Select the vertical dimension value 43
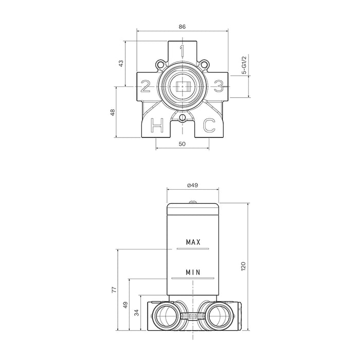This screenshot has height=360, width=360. pyautogui.click(x=121, y=64)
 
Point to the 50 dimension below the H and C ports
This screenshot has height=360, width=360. pyautogui.click(x=182, y=144)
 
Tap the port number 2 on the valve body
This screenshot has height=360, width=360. pyautogui.click(x=146, y=86)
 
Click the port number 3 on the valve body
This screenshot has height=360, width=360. pyautogui.click(x=219, y=86)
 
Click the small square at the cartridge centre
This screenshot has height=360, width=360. pyautogui.click(x=182, y=86)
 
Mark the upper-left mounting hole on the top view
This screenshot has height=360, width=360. pyautogui.click(x=161, y=65)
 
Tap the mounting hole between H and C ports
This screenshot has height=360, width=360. pyautogui.click(x=182, y=119)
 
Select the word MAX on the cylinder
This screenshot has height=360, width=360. pyautogui.click(x=193, y=242)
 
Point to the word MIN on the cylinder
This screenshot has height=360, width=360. pyautogui.click(x=193, y=272)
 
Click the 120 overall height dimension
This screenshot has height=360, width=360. pyautogui.click(x=244, y=266)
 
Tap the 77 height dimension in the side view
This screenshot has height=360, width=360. pyautogui.click(x=114, y=291)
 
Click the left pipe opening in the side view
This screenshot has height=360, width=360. pyautogui.click(x=168, y=314)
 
